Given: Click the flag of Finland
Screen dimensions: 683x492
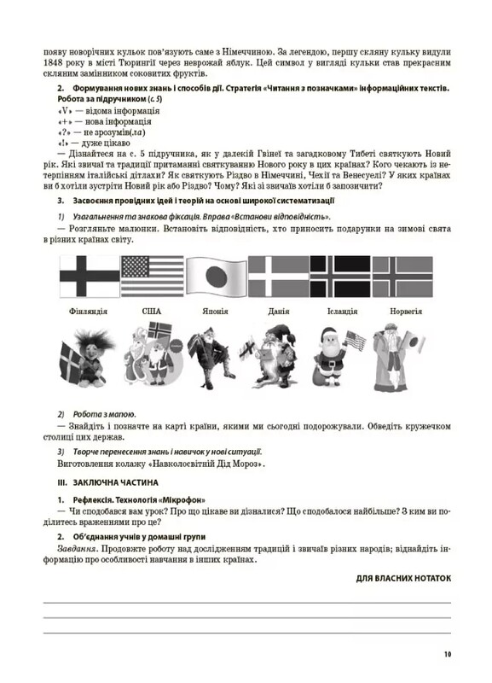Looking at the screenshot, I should click(x=90, y=276).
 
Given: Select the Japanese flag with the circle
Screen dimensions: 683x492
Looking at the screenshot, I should click(x=215, y=276).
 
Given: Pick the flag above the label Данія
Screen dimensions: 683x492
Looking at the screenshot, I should click(x=277, y=276).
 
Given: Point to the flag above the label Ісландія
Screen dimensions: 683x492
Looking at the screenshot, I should click(x=339, y=276).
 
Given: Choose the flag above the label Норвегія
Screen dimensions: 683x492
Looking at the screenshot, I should click(x=402, y=276).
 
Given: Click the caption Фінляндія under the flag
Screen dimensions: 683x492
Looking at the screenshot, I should click(x=89, y=312).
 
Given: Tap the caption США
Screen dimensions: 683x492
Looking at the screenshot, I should click(x=152, y=312).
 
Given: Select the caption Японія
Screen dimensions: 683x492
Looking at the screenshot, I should click(x=215, y=312).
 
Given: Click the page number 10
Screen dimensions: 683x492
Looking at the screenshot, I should click(x=447, y=655).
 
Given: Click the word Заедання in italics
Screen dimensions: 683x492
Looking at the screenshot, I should click(x=76, y=550).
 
